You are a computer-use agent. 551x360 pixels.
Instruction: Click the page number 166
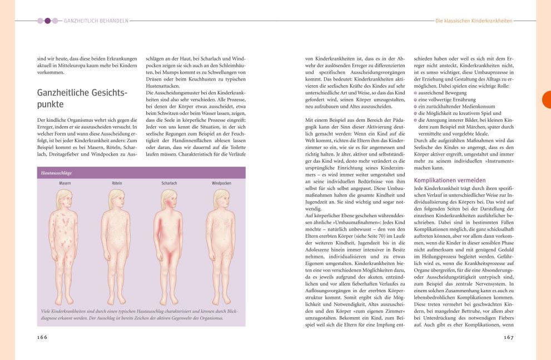tap(42, 337)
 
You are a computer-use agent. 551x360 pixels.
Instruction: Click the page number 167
tap(508, 337)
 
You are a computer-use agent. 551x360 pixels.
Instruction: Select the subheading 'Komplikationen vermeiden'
tap(450, 180)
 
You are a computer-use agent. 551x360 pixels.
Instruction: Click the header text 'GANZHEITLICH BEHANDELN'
tap(96, 21)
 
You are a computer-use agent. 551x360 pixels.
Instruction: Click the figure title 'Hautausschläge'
tap(56, 173)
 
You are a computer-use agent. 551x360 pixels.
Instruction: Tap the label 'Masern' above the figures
tap(64, 183)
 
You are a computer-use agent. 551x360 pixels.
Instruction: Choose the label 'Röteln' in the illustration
tap(116, 183)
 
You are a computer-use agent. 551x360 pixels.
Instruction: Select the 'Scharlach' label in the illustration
tap(169, 183)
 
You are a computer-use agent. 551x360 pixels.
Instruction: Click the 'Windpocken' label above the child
tap(221, 183)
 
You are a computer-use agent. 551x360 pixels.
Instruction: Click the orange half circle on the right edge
tap(546, 99)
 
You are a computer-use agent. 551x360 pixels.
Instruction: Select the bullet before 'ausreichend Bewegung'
tap(415, 93)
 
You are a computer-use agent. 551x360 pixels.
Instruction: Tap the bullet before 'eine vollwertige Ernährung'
tap(415, 99)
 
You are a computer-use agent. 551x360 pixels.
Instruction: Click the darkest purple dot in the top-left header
tap(47, 21)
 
